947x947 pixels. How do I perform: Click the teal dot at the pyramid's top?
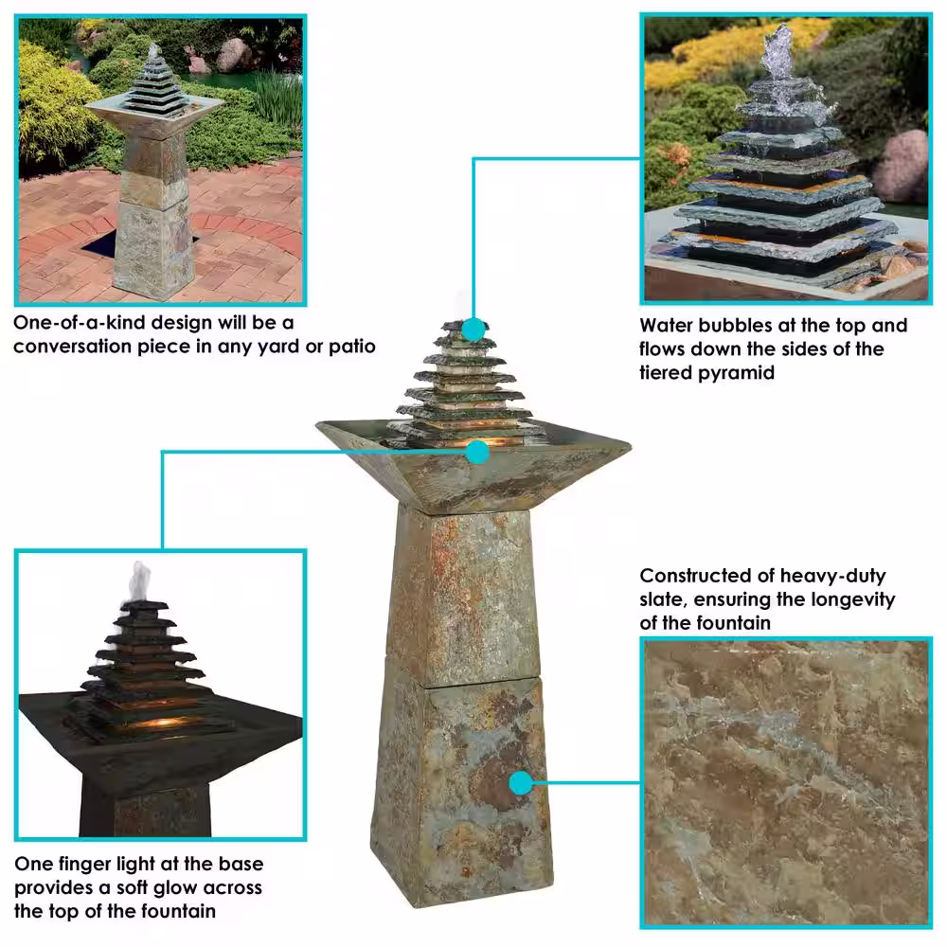(474, 331)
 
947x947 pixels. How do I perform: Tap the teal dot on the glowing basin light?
(477, 452)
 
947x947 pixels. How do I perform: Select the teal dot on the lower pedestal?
(521, 783)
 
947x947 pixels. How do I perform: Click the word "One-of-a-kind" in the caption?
(78, 323)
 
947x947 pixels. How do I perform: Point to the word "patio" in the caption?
(352, 348)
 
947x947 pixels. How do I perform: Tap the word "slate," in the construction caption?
(663, 599)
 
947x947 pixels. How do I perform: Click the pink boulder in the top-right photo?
(901, 168)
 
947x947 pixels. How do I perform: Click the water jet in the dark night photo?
(139, 581)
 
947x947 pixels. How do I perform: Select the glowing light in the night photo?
(158, 723)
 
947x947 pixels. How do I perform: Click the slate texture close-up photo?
(786, 782)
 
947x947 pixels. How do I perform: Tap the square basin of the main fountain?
(474, 466)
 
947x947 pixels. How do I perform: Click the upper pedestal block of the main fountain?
(463, 595)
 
